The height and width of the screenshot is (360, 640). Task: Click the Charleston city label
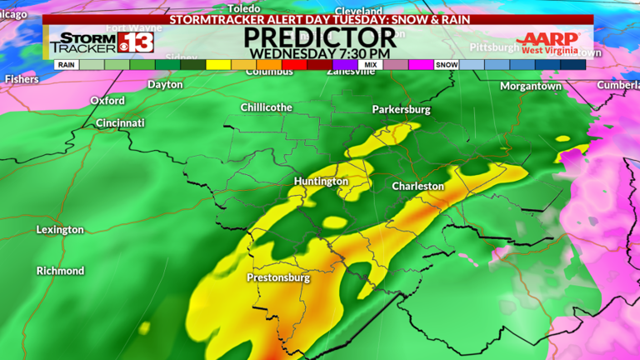coord(418,187)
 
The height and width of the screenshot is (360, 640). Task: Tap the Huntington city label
coord(321,182)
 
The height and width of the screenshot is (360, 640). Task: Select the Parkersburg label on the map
coord(401,110)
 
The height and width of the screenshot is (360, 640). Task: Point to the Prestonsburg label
coord(278,277)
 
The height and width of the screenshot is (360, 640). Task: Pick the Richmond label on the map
coord(60,272)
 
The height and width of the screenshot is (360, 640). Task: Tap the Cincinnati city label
coord(120,123)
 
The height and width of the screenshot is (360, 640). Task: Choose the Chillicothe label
coord(267,108)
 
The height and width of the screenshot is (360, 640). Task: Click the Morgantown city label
coord(531,87)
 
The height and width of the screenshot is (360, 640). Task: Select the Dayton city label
coord(165,85)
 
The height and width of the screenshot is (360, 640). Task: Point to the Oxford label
coord(107,101)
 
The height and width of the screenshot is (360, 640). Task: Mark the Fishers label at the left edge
coord(22,79)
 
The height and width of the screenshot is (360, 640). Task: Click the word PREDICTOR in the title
coord(319,37)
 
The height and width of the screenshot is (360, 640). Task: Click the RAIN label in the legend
coord(67,64)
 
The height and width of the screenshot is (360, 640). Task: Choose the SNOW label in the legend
coord(447,64)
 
